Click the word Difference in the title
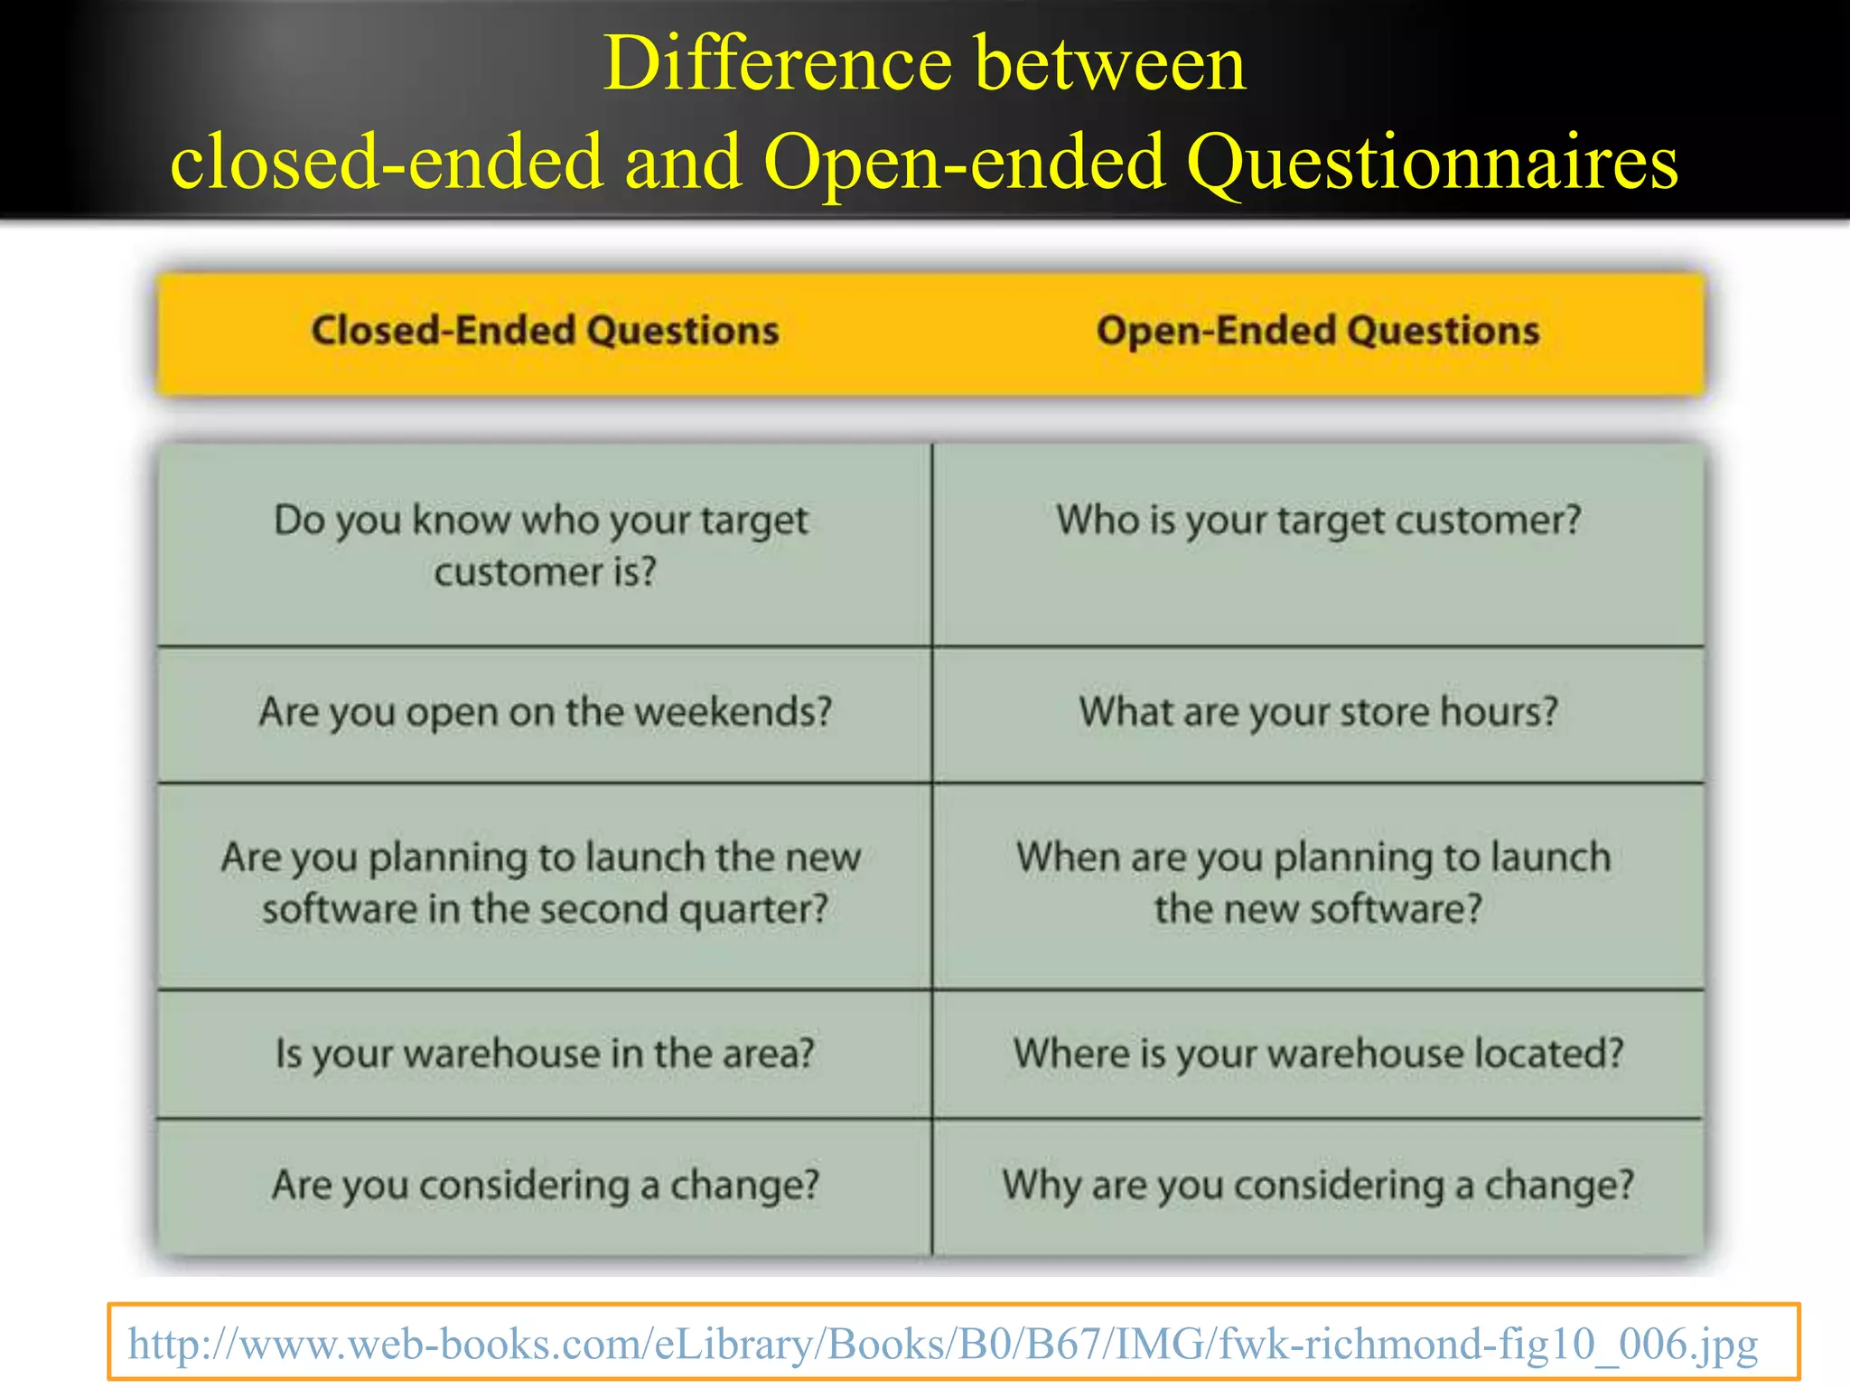(778, 65)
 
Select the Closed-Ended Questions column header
(545, 331)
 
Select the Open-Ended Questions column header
(1318, 331)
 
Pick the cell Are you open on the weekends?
(545, 712)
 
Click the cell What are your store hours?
(1318, 712)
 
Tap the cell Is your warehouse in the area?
(545, 1054)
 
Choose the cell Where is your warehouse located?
(1318, 1054)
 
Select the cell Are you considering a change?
(545, 1185)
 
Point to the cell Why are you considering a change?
(1318, 1185)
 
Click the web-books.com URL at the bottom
(942, 1344)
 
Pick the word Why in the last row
(1041, 1185)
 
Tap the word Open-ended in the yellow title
(964, 163)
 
